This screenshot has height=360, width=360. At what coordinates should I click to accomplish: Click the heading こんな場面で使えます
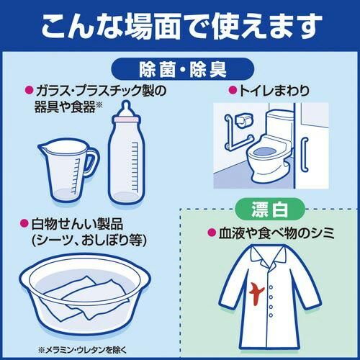181,26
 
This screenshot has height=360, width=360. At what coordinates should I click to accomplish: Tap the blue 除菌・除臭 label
182,69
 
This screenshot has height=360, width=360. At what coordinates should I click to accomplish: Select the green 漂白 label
270,210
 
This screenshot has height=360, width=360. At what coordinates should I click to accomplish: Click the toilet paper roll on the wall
244,120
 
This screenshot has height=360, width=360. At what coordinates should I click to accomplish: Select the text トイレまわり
274,91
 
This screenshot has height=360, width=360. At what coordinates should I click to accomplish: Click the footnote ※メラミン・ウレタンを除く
82,350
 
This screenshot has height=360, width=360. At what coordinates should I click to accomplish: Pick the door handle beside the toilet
305,155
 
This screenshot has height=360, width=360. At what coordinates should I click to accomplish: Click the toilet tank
280,124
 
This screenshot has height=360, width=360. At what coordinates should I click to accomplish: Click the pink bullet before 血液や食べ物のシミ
212,233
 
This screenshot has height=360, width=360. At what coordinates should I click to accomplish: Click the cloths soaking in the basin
84,297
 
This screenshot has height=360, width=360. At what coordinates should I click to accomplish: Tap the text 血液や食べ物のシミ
276,233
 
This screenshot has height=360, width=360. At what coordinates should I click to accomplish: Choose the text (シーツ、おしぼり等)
89,240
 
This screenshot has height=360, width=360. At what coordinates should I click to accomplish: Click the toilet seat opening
265,151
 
